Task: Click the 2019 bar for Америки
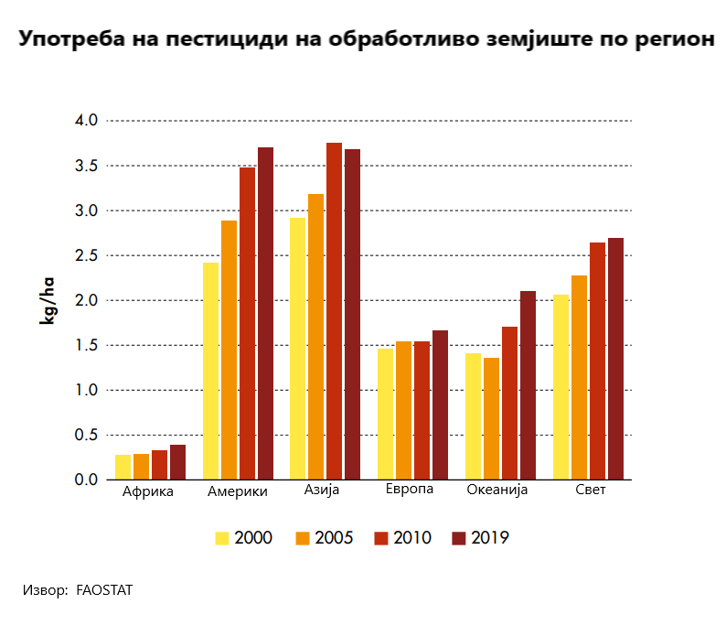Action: coord(265,313)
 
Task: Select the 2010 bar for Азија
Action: coord(334,311)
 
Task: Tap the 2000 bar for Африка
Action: coord(123,468)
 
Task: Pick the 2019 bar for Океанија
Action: coord(528,385)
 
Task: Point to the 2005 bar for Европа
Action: coord(403,410)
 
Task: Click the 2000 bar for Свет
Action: coord(561,387)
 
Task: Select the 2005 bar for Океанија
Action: coord(491,418)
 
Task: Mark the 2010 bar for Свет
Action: coord(597,361)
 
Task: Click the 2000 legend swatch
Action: coord(222,538)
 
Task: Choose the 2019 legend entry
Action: coord(480,538)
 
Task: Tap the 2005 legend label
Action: coord(334,538)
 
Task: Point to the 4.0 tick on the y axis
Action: coord(86,121)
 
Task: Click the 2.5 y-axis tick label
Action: coord(86,255)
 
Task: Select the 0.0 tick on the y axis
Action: coord(86,480)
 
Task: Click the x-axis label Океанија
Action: coord(496,490)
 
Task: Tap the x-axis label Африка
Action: coord(148,491)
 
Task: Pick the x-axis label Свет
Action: coord(591,490)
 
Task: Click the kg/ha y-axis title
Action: coord(47,300)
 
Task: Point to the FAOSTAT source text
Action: coord(104,590)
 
